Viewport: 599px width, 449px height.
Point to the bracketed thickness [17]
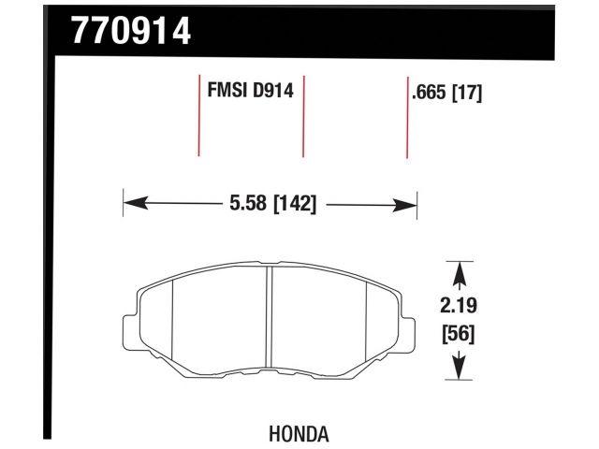(466, 94)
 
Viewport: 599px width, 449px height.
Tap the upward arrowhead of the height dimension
(459, 272)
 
